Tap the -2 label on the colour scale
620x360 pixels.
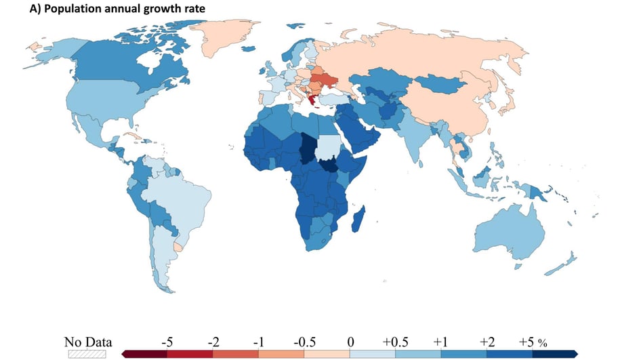[212, 342]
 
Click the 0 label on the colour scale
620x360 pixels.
[350, 342]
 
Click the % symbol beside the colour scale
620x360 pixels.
[542, 342]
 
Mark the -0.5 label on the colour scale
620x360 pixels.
[304, 342]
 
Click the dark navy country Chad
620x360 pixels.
[309, 146]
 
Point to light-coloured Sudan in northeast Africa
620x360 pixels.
[329, 145]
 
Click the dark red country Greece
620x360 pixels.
[313, 102]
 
